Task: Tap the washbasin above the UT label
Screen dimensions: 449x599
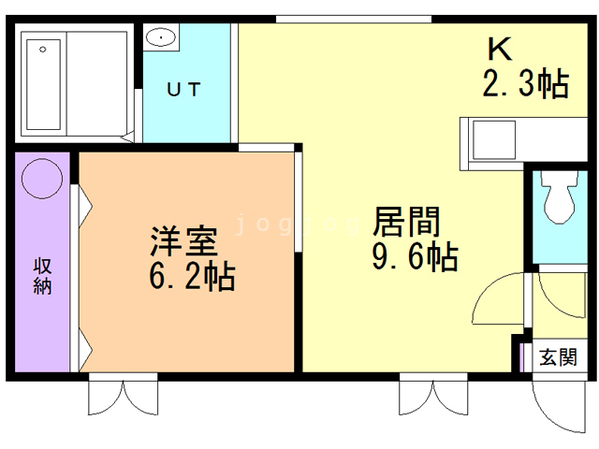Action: (161, 38)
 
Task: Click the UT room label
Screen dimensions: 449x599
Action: (183, 90)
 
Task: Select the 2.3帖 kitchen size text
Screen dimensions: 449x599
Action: (524, 84)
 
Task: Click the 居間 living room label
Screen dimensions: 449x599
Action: (406, 222)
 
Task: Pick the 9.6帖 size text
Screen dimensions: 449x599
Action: (415, 255)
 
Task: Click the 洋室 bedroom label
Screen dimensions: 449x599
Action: (184, 241)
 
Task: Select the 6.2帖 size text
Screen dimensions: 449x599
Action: (192, 276)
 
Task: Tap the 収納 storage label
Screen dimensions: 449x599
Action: (43, 276)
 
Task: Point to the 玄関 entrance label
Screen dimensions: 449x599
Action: (559, 358)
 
